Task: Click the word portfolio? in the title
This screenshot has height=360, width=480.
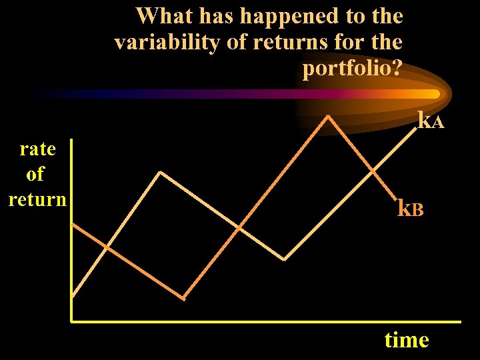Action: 352,69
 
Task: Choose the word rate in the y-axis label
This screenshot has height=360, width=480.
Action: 38,148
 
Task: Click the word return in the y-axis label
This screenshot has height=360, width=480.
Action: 37,199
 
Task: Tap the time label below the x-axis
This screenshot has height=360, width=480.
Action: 406,340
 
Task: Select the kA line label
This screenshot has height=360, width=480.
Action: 431,121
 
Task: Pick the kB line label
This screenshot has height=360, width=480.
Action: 410,209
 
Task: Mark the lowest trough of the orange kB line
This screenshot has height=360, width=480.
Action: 184,298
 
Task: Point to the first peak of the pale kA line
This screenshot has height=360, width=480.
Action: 160,172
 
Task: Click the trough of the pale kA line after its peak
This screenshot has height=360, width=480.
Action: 285,259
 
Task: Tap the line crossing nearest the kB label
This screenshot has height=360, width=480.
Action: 373,171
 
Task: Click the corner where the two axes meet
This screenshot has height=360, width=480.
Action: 71,321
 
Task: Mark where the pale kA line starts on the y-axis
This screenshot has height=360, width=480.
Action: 72,295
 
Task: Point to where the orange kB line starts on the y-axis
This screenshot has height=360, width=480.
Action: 72,223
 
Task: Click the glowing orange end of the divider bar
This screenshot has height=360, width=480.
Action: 433,94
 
